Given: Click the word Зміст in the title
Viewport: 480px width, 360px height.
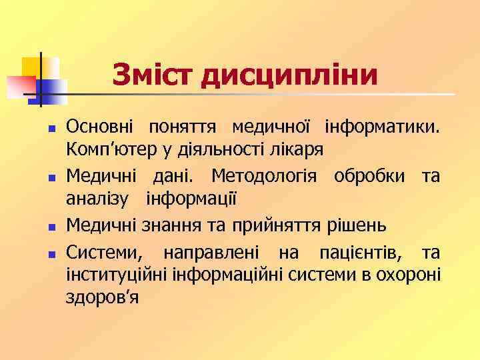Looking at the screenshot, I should click(x=153, y=75).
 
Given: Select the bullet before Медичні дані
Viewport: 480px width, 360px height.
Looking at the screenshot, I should click(x=51, y=178).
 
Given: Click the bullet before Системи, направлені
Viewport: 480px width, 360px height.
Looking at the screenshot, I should click(x=51, y=253).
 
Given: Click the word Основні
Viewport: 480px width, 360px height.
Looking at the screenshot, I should click(x=99, y=125).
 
